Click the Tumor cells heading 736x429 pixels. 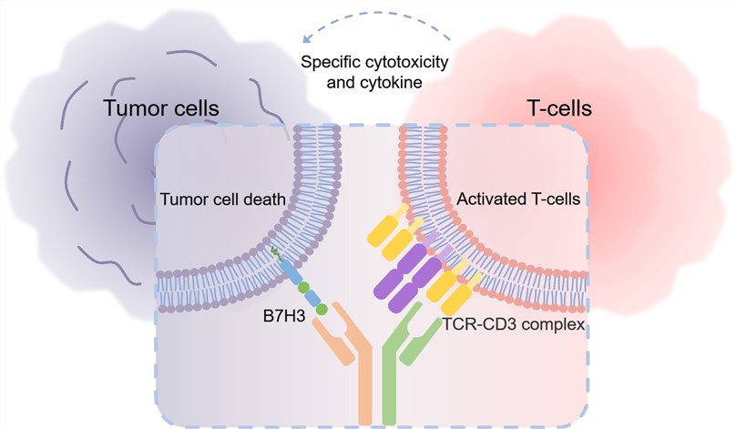pyautogui.click(x=160, y=108)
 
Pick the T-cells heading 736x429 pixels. pyautogui.click(x=560, y=108)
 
